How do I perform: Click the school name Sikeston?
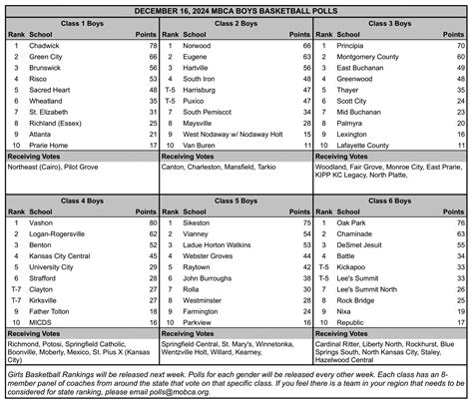click(x=202, y=223)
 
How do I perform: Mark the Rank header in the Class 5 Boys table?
click(x=170, y=212)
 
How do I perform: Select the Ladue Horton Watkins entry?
click(x=228, y=245)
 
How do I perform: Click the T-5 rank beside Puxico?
click(x=170, y=101)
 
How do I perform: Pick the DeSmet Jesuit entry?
click(x=362, y=245)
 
